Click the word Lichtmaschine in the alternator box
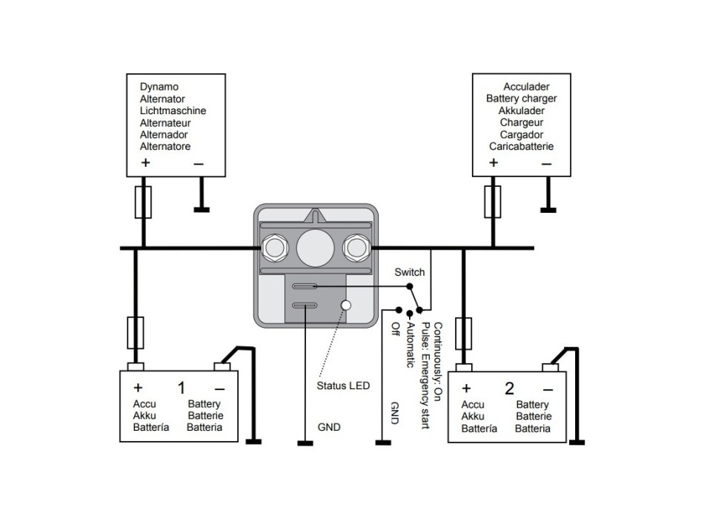[x=173, y=111]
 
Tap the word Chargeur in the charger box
[x=521, y=122]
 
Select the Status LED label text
[x=343, y=386]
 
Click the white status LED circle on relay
[x=345, y=305]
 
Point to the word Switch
[x=410, y=272]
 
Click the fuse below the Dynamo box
[x=144, y=202]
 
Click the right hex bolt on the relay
[x=355, y=247]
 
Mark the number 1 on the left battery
[x=182, y=388]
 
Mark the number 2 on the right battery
[x=510, y=388]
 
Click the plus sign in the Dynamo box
[x=145, y=163]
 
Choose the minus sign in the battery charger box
[x=546, y=163]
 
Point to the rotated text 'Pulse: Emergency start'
[x=425, y=368]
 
